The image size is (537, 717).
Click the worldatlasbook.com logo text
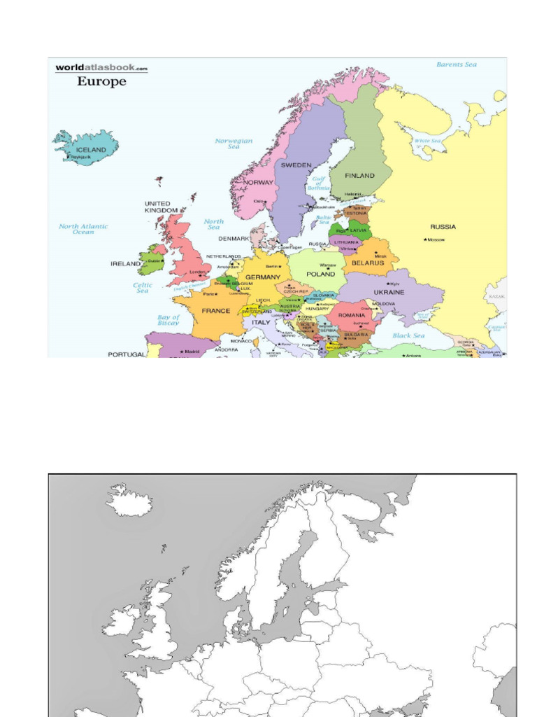pyautogui.click(x=102, y=68)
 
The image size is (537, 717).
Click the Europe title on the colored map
pyautogui.click(x=101, y=81)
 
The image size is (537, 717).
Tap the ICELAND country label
pyautogui.click(x=92, y=150)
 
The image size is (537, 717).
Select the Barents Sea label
pyautogui.click(x=456, y=64)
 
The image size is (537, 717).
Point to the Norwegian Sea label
pyautogui.click(x=234, y=144)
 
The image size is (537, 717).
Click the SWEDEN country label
pyautogui.click(x=296, y=165)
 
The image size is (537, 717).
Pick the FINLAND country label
pyautogui.click(x=359, y=176)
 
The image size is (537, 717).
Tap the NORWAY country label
pyautogui.click(x=259, y=183)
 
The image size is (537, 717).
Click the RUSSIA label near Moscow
pyautogui.click(x=443, y=227)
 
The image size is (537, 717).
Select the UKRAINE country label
pyautogui.click(x=389, y=292)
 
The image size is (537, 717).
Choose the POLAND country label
pyautogui.click(x=321, y=275)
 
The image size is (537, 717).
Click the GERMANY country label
pyautogui.click(x=262, y=277)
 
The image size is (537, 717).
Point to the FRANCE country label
pyautogui.click(x=216, y=311)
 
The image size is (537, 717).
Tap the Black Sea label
pyautogui.click(x=408, y=335)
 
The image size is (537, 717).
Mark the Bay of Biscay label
pyautogui.click(x=169, y=320)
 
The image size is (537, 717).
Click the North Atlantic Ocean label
pyautogui.click(x=83, y=229)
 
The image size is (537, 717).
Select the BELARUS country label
pyautogui.click(x=368, y=263)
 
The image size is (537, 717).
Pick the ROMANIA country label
pyautogui.click(x=352, y=316)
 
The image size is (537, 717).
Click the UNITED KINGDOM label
pyautogui.click(x=161, y=207)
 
